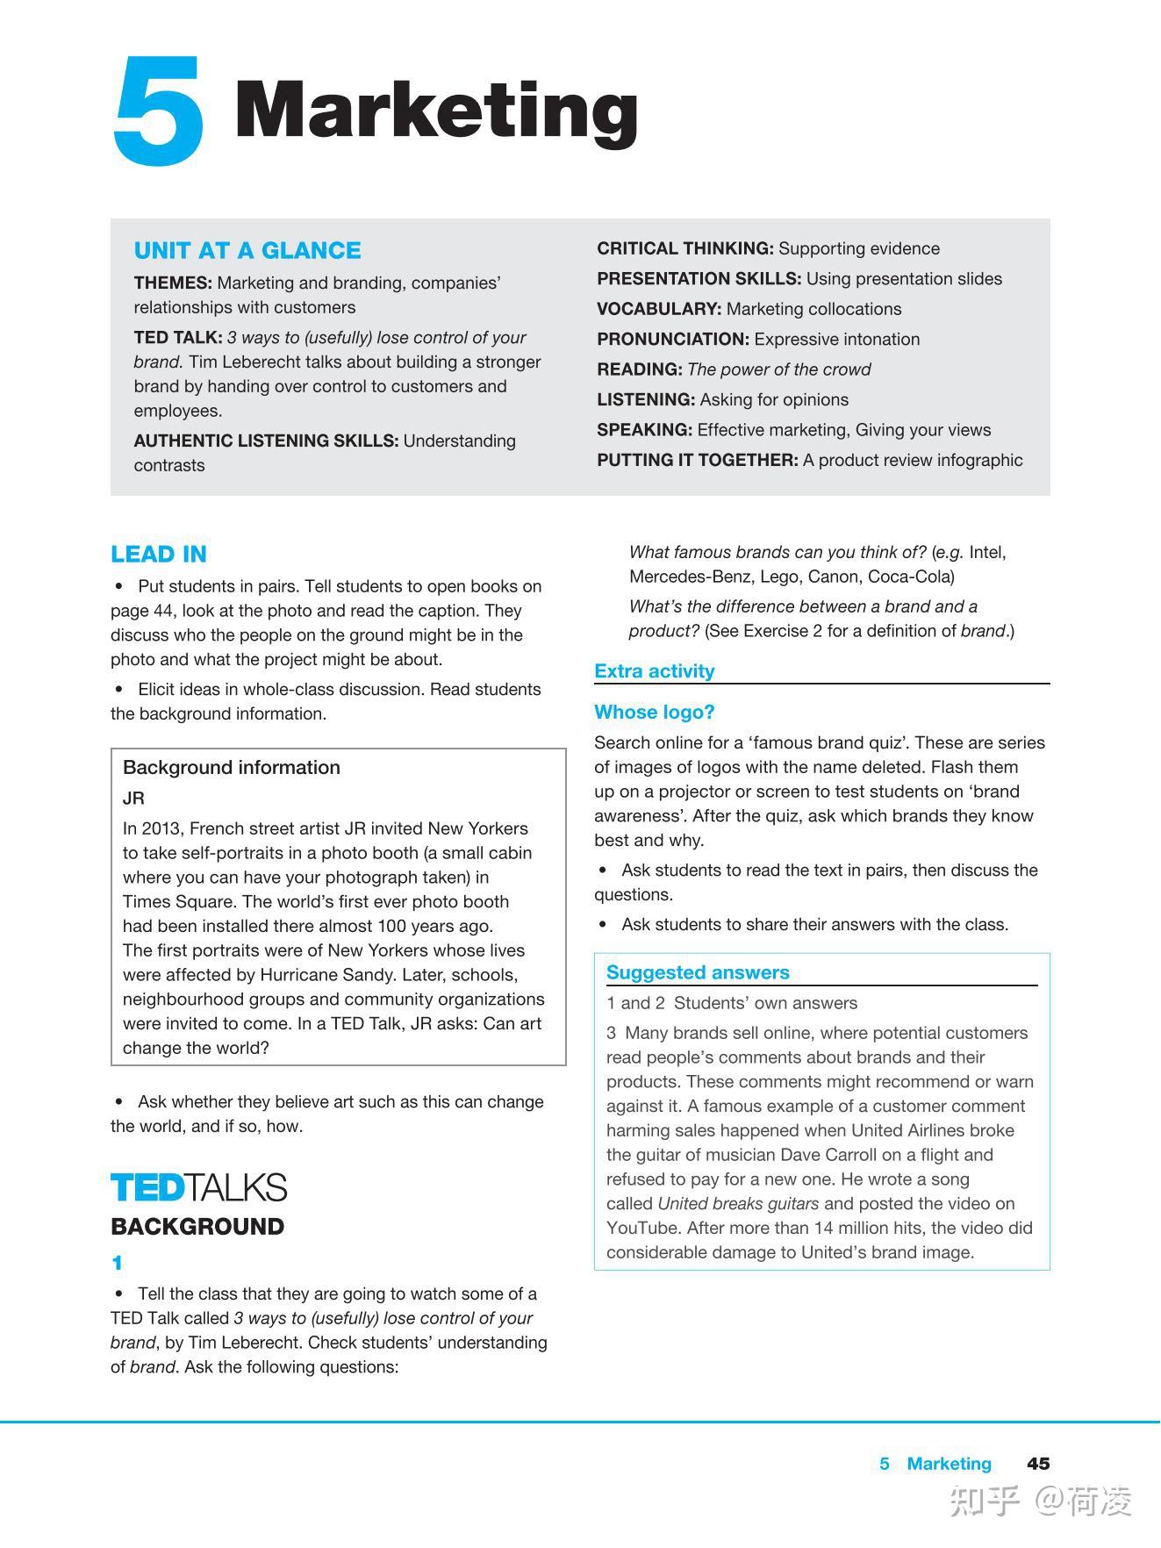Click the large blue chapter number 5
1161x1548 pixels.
(159, 111)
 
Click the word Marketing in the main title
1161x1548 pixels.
(436, 111)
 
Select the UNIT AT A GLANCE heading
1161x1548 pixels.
(247, 251)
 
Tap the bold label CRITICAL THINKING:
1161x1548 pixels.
(685, 249)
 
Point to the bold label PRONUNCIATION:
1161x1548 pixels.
(673, 340)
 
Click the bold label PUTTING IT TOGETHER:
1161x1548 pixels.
(698, 461)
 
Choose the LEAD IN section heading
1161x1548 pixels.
(159, 555)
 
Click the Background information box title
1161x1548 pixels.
(232, 768)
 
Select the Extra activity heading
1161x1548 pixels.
(655, 671)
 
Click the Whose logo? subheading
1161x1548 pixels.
(655, 713)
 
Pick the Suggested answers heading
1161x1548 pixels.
(698, 972)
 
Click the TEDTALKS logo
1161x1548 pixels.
(199, 1187)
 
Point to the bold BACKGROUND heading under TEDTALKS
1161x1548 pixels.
(197, 1227)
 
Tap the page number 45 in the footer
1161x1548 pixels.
(1038, 1464)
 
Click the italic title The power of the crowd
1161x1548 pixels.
(779, 370)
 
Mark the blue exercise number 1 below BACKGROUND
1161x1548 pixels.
(117, 1264)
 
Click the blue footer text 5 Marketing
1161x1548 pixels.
(935, 1464)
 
